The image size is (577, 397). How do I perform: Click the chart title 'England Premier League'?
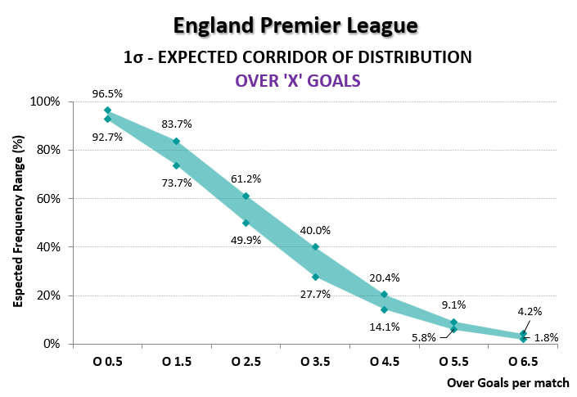point(295,25)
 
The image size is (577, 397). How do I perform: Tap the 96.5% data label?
point(107,95)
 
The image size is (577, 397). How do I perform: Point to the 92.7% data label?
point(107,137)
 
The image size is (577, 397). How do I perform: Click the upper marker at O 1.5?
point(176,141)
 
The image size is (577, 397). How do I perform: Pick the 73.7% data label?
point(176,183)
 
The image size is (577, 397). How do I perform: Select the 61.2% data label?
point(246,178)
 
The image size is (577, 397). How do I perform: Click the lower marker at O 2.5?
point(246,223)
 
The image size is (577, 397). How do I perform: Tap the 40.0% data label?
point(315,231)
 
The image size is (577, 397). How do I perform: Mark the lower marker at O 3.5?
point(315,277)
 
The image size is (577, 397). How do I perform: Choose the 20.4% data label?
point(384,278)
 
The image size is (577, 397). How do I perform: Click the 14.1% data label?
point(384,327)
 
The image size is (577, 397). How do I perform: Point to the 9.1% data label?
point(453,305)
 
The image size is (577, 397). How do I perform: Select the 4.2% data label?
point(529,311)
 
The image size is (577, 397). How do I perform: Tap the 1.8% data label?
point(546,337)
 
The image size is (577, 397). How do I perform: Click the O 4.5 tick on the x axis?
point(384,361)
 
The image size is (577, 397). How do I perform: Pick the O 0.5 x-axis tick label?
point(107,361)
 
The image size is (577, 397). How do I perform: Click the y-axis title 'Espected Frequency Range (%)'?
point(17,223)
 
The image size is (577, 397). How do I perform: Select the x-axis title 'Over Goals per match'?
point(507,382)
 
